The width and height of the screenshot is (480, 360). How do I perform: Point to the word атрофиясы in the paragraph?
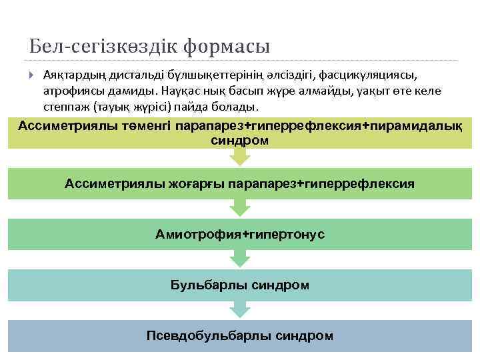[70, 90]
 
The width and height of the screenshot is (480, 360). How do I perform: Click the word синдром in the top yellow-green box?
[239, 141]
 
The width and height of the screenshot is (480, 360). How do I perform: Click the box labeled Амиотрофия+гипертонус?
[239, 234]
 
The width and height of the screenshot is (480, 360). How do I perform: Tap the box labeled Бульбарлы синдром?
[239, 285]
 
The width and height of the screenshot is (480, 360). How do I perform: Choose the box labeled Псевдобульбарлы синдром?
[239, 336]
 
